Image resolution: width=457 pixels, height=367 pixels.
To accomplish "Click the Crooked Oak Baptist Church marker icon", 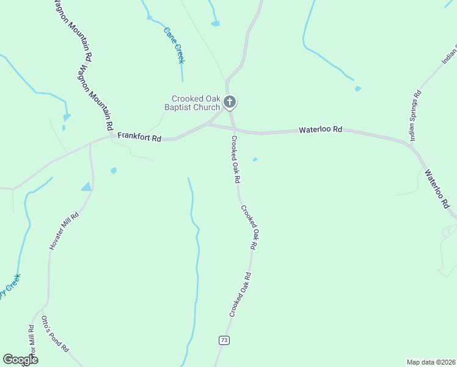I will click(230, 102).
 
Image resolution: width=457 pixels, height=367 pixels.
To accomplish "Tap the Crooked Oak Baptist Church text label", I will click(195, 103).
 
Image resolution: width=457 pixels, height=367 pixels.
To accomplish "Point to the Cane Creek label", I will click(174, 45).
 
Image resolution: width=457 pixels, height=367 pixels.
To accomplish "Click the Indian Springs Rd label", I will click(415, 116).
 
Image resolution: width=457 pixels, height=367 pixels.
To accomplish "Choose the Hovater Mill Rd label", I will click(64, 230).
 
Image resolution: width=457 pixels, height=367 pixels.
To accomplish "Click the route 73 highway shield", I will click(224, 340).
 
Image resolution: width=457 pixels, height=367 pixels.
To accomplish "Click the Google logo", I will click(20, 360).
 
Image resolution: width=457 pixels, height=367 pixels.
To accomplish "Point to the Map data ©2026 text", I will click(431, 361).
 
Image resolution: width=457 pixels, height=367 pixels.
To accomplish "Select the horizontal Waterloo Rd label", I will click(320, 130).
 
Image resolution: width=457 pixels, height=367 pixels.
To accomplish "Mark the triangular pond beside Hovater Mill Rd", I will click(87, 187).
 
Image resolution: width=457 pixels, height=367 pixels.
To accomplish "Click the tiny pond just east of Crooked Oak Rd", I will click(255, 160).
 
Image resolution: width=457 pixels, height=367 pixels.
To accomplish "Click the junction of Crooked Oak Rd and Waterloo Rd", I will click(233, 129).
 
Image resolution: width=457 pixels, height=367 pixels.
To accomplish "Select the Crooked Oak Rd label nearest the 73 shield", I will click(240, 294).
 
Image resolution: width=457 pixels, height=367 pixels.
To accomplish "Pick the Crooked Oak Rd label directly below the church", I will click(235, 160).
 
